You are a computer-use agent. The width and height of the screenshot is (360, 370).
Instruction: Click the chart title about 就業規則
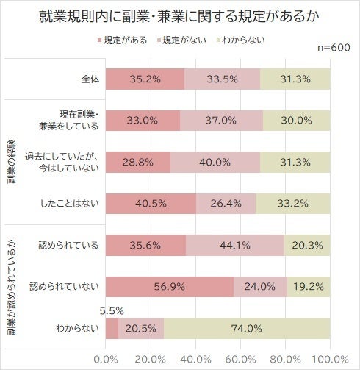point(180,17)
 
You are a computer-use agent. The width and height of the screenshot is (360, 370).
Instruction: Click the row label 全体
point(86,79)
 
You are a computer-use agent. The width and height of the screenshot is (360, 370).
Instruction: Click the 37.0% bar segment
point(221,121)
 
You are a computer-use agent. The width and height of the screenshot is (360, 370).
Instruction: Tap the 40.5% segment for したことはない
point(151,204)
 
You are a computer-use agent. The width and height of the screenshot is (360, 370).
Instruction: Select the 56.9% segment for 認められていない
point(170,288)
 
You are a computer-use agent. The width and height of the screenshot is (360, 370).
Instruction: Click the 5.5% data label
point(108,311)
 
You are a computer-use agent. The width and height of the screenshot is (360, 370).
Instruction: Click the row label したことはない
point(71,204)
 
